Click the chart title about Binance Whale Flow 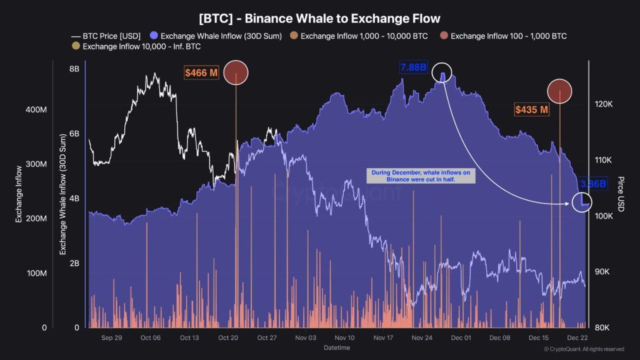click(x=319, y=19)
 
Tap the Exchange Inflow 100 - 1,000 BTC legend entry click(x=503, y=36)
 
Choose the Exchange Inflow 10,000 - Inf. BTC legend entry click(x=137, y=46)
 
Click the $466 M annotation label click(x=201, y=73)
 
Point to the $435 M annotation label click(x=531, y=110)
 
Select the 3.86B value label click(x=592, y=184)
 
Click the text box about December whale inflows click(x=421, y=176)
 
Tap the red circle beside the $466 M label click(x=236, y=73)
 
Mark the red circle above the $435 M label click(x=560, y=91)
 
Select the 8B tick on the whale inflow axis click(x=74, y=69)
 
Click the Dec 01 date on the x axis click(x=461, y=337)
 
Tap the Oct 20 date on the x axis click(x=228, y=337)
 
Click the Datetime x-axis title click(x=337, y=347)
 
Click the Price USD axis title click(x=619, y=194)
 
